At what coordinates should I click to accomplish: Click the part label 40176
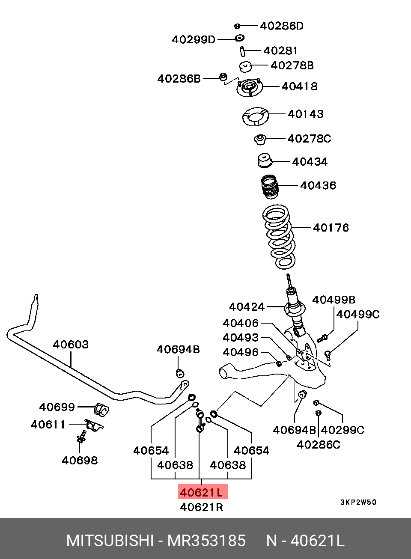[331, 227]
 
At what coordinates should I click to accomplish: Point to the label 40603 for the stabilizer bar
[71, 345]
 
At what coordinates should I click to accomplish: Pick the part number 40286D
[282, 26]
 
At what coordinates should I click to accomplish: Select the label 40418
[299, 86]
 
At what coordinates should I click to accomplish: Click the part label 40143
[305, 114]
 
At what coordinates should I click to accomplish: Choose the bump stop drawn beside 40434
[265, 161]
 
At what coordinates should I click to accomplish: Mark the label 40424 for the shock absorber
[247, 307]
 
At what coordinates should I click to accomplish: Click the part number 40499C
[357, 315]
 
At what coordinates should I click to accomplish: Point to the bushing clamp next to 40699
[101, 409]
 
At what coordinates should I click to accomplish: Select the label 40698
[80, 461]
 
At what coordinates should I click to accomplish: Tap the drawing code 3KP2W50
[358, 502]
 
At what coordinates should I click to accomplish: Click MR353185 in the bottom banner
[206, 541]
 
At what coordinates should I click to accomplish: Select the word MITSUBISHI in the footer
[110, 541]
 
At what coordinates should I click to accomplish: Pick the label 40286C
[319, 444]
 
